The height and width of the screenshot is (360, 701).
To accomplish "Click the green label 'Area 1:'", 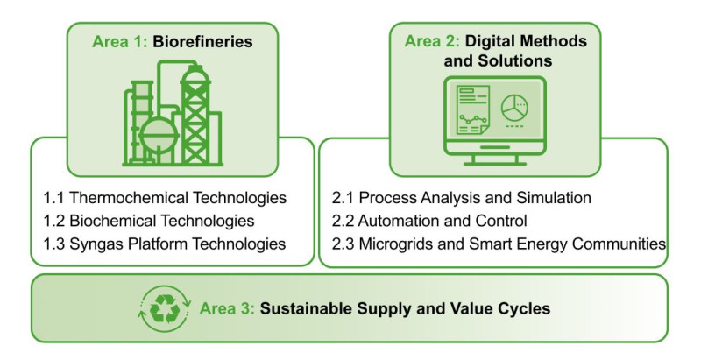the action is (x=119, y=41).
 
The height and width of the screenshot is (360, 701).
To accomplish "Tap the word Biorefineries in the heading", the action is (x=202, y=41).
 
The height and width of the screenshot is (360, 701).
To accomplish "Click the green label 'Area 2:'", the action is (x=432, y=41).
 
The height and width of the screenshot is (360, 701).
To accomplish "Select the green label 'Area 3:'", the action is (x=227, y=308).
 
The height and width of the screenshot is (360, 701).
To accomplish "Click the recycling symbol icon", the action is (x=165, y=308).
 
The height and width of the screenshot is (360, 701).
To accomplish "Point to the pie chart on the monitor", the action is (x=514, y=108).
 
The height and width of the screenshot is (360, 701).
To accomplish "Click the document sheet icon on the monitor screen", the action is (x=472, y=110).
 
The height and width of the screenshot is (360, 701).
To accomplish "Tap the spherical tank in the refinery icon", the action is (x=159, y=134).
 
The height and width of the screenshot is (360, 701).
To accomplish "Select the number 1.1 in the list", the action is (x=53, y=197).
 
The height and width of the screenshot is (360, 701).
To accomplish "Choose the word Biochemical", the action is (x=113, y=221).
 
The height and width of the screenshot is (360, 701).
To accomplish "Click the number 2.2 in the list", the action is (x=343, y=221).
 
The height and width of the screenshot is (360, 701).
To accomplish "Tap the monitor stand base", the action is (x=495, y=164).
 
